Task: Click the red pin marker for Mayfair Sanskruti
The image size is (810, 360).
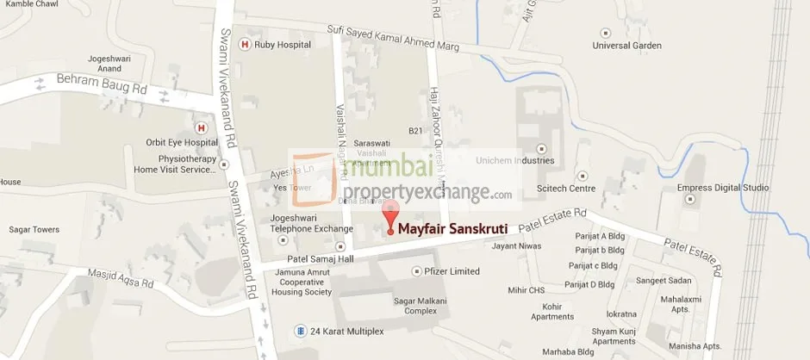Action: click(390, 216)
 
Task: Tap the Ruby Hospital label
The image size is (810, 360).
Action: click(279, 45)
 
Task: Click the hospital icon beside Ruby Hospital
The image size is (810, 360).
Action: click(245, 45)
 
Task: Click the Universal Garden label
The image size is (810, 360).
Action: click(632, 46)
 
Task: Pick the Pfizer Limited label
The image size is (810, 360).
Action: click(452, 271)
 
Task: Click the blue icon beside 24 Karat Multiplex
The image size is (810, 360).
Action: click(299, 331)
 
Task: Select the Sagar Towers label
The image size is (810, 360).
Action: click(34, 230)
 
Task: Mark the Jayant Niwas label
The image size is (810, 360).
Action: click(515, 246)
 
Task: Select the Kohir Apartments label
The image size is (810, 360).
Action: click(552, 311)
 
